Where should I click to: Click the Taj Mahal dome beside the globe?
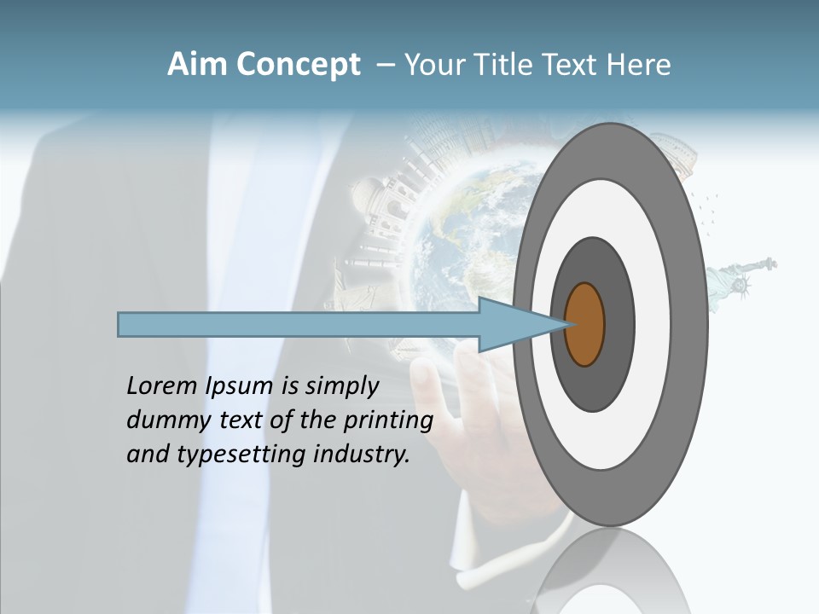[369, 192]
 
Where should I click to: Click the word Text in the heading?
[572, 65]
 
